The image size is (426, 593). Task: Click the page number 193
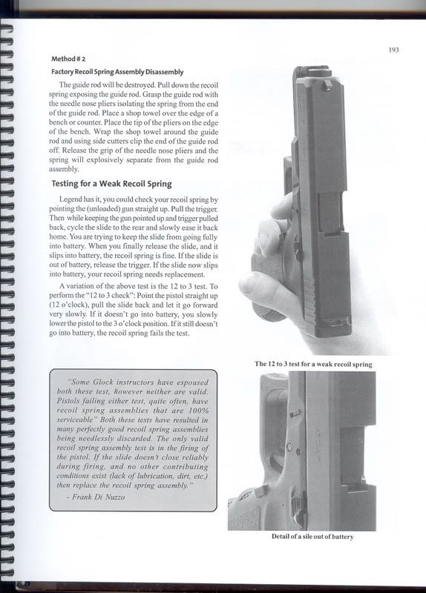click(x=393, y=50)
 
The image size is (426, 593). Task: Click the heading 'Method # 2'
click(x=71, y=59)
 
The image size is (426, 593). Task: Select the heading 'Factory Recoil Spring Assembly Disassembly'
click(x=117, y=72)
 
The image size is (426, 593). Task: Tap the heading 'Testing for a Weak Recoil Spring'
click(x=111, y=183)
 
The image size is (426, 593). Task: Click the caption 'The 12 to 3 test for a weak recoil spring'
click(x=312, y=365)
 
